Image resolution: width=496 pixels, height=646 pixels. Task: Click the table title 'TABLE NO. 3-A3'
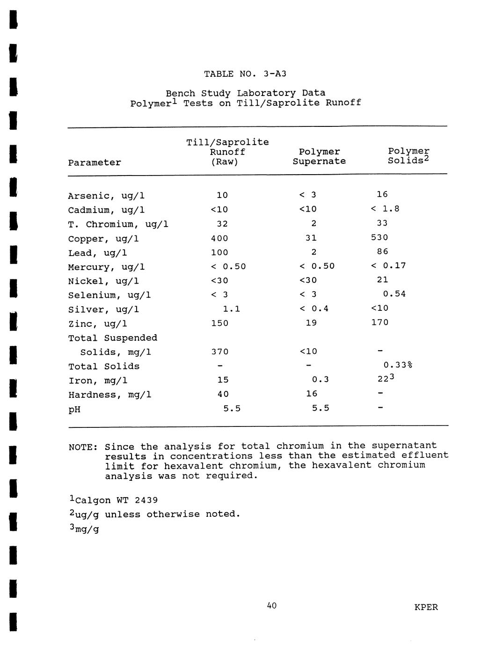(x=245, y=74)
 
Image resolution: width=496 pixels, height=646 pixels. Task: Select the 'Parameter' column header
(x=95, y=163)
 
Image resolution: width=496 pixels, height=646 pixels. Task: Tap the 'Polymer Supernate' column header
(x=319, y=156)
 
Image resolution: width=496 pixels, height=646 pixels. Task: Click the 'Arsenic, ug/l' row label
(x=107, y=196)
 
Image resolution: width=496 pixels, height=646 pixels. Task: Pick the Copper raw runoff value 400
(x=219, y=238)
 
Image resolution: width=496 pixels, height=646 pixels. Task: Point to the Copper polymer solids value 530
(x=379, y=237)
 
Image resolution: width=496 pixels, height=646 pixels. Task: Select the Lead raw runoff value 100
(x=219, y=252)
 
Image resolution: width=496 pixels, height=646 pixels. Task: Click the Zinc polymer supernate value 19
(x=311, y=323)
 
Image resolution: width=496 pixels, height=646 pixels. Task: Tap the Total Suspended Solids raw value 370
(x=219, y=352)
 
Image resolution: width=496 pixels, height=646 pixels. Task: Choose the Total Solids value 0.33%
(x=397, y=365)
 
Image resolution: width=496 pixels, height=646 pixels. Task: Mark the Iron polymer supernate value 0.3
(x=320, y=380)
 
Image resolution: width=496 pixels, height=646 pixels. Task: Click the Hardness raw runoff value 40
(x=223, y=394)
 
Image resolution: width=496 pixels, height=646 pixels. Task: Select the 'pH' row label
(x=74, y=410)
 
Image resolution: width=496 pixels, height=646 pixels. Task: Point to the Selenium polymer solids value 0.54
(x=394, y=294)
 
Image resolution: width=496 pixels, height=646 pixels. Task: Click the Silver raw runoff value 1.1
(x=231, y=309)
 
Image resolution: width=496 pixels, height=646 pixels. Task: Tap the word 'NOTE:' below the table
(x=83, y=447)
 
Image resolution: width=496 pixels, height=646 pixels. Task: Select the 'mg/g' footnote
(x=87, y=529)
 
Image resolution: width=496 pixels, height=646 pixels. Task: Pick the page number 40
(x=271, y=606)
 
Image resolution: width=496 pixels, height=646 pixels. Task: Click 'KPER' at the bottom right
(x=426, y=608)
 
